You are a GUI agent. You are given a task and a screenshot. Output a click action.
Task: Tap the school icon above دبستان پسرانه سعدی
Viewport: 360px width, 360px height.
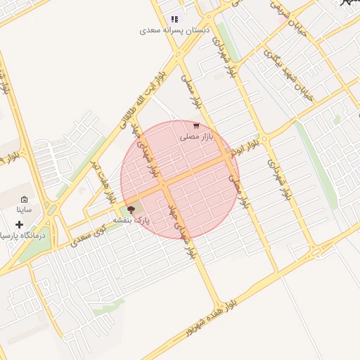tap(174, 19)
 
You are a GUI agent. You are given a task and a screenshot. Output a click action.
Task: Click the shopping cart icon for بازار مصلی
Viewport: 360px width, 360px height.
tap(196, 127)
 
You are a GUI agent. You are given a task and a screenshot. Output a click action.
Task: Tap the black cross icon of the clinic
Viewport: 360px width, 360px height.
tap(20, 224)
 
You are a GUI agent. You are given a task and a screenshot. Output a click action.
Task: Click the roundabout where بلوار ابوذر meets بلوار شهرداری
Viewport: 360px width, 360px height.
tap(262, 134)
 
